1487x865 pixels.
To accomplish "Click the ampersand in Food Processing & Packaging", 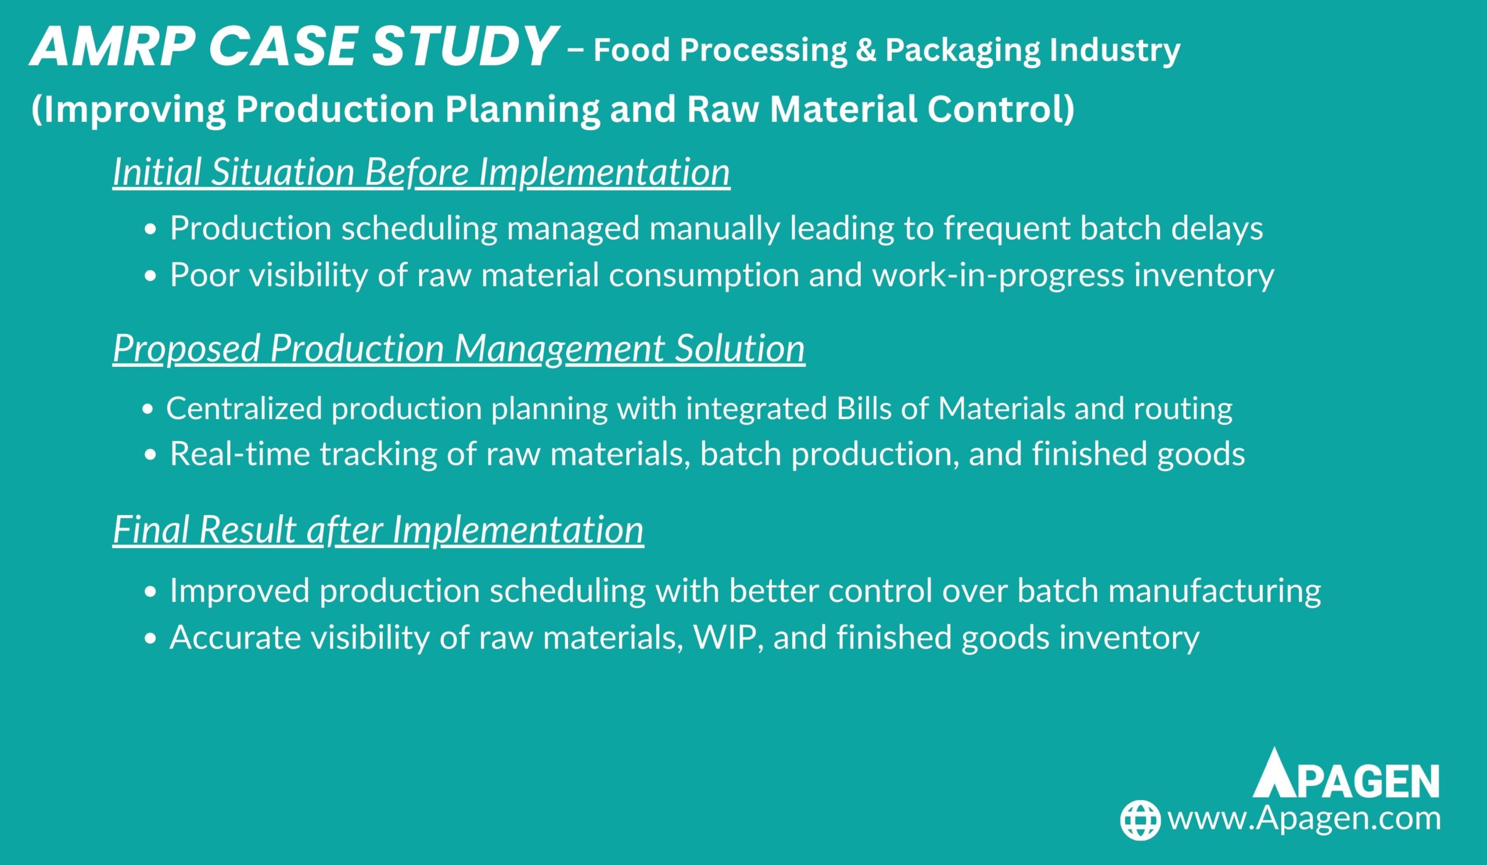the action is (x=865, y=49).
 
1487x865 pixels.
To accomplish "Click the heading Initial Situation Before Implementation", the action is (x=421, y=172).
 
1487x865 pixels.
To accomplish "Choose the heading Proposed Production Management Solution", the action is (x=459, y=349).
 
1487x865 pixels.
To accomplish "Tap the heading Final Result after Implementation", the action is (x=378, y=529).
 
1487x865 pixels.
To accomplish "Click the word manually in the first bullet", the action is (x=713, y=229).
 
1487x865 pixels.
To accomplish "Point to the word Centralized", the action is (x=245, y=408).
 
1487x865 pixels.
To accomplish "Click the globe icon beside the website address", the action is (x=1140, y=820).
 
